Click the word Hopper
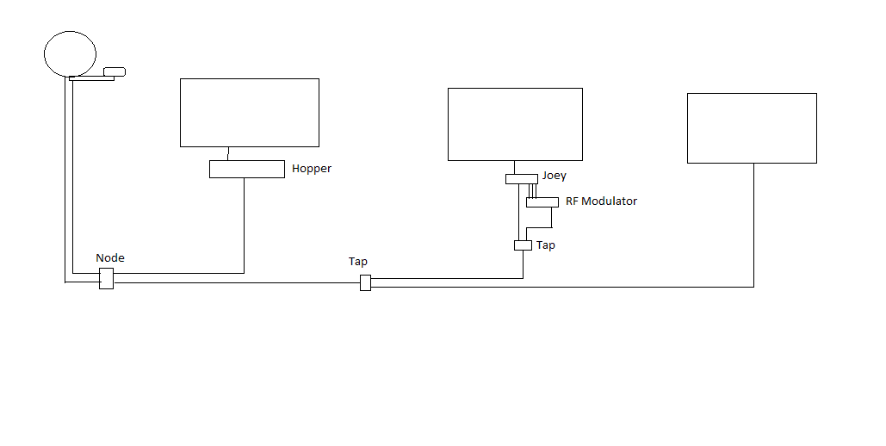click(312, 169)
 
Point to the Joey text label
click(554, 176)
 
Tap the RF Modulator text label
click(601, 201)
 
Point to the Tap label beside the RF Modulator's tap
click(546, 245)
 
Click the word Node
click(110, 257)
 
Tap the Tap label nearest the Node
click(357, 262)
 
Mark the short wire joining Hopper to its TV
click(228, 154)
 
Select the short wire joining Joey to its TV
click(514, 167)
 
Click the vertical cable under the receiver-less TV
click(753, 225)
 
